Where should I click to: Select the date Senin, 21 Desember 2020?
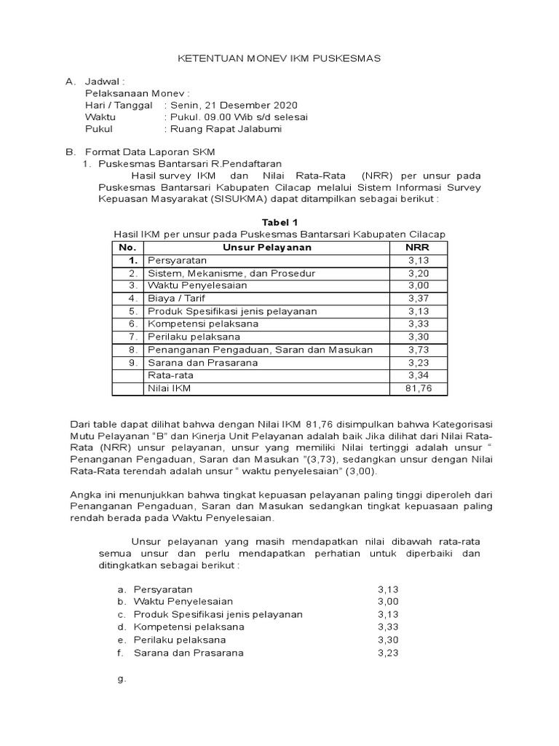233,105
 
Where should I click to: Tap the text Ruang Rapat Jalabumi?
225,129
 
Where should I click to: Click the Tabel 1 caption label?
279,221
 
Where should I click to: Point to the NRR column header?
418,247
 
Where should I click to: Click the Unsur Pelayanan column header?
267,247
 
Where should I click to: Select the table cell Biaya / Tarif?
177,298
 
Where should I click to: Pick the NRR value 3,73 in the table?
418,350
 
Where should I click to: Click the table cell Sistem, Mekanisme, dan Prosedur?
223,272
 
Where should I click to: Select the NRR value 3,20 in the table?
418,272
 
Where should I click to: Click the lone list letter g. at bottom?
122,678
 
